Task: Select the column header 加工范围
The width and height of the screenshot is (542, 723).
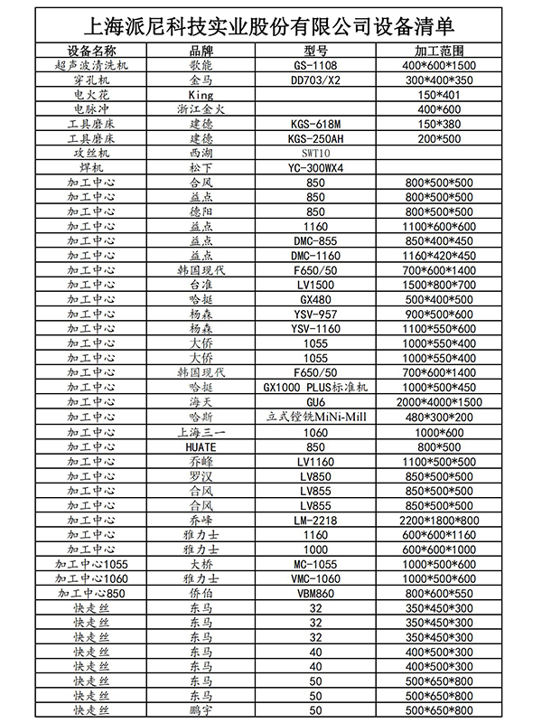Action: point(440,52)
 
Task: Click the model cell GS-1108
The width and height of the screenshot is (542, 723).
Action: point(315,66)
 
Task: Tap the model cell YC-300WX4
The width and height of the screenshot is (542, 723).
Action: point(315,168)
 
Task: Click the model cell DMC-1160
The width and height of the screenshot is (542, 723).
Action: point(315,255)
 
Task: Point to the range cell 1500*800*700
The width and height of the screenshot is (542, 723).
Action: point(440,284)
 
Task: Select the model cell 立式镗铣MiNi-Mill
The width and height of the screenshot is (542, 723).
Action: point(315,416)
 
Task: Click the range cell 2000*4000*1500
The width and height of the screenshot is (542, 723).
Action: point(440,401)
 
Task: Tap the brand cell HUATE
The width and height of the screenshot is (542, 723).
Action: point(202,446)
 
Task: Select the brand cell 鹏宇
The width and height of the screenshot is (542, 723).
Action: point(202,710)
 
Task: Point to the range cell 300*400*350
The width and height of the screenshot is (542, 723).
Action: point(440,80)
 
